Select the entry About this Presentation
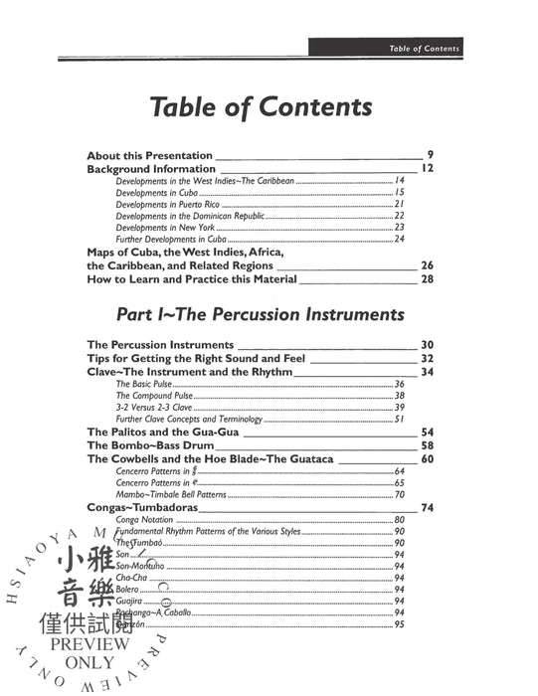pos(149,155)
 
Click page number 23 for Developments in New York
pos(399,228)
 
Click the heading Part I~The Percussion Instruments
pos(261,315)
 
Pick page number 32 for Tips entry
pos(428,357)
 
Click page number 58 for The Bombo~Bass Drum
pos(428,445)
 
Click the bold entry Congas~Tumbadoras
pos(141,507)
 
